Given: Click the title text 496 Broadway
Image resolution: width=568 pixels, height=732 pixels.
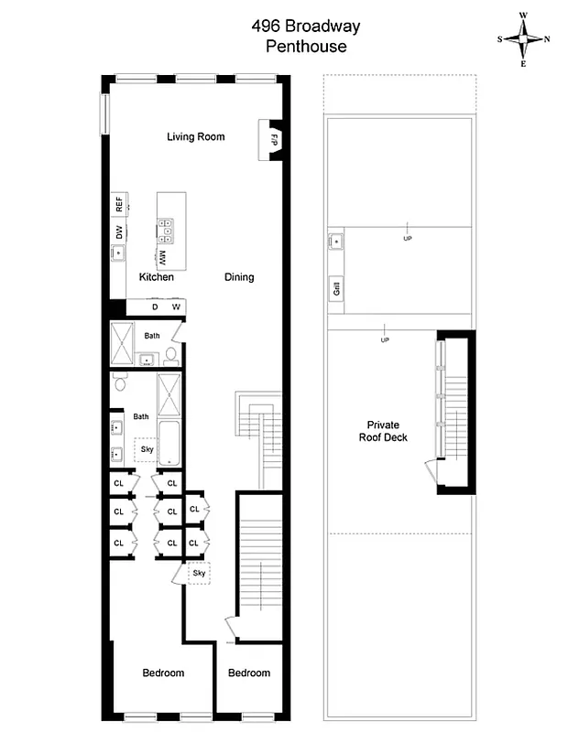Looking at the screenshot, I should click(306, 27).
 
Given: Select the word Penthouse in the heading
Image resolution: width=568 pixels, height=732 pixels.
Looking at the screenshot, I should click(306, 47).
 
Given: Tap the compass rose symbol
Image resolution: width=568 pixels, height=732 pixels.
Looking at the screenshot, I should click(523, 39).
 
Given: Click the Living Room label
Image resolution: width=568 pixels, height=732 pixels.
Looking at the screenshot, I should click(195, 137).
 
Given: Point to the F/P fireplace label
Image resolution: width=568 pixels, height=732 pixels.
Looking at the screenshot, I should click(273, 140).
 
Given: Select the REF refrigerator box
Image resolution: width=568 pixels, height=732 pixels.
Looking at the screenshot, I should click(118, 204).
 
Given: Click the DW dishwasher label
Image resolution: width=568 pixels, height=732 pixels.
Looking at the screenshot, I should click(118, 232).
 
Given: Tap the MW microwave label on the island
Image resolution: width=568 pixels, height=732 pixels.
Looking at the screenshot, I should click(162, 256).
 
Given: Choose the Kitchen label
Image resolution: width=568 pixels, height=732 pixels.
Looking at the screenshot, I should click(156, 277).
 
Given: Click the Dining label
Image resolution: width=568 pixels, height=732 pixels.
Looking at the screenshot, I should click(239, 277).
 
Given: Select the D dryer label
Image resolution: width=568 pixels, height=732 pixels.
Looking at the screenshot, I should click(155, 307).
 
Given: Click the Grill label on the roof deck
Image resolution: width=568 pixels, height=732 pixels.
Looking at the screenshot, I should click(336, 290).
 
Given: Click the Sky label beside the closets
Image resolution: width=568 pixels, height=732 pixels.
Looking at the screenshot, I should click(199, 573).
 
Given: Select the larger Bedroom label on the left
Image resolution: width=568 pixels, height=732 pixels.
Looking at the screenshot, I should click(163, 673).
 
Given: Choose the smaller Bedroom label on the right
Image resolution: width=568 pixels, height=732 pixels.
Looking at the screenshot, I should click(249, 673).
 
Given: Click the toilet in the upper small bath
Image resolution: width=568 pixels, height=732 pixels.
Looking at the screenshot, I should click(171, 357).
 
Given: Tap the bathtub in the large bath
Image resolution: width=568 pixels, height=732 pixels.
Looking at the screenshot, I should click(170, 442).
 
